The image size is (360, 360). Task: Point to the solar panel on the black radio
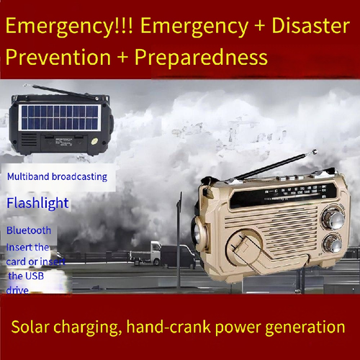point(56,114)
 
